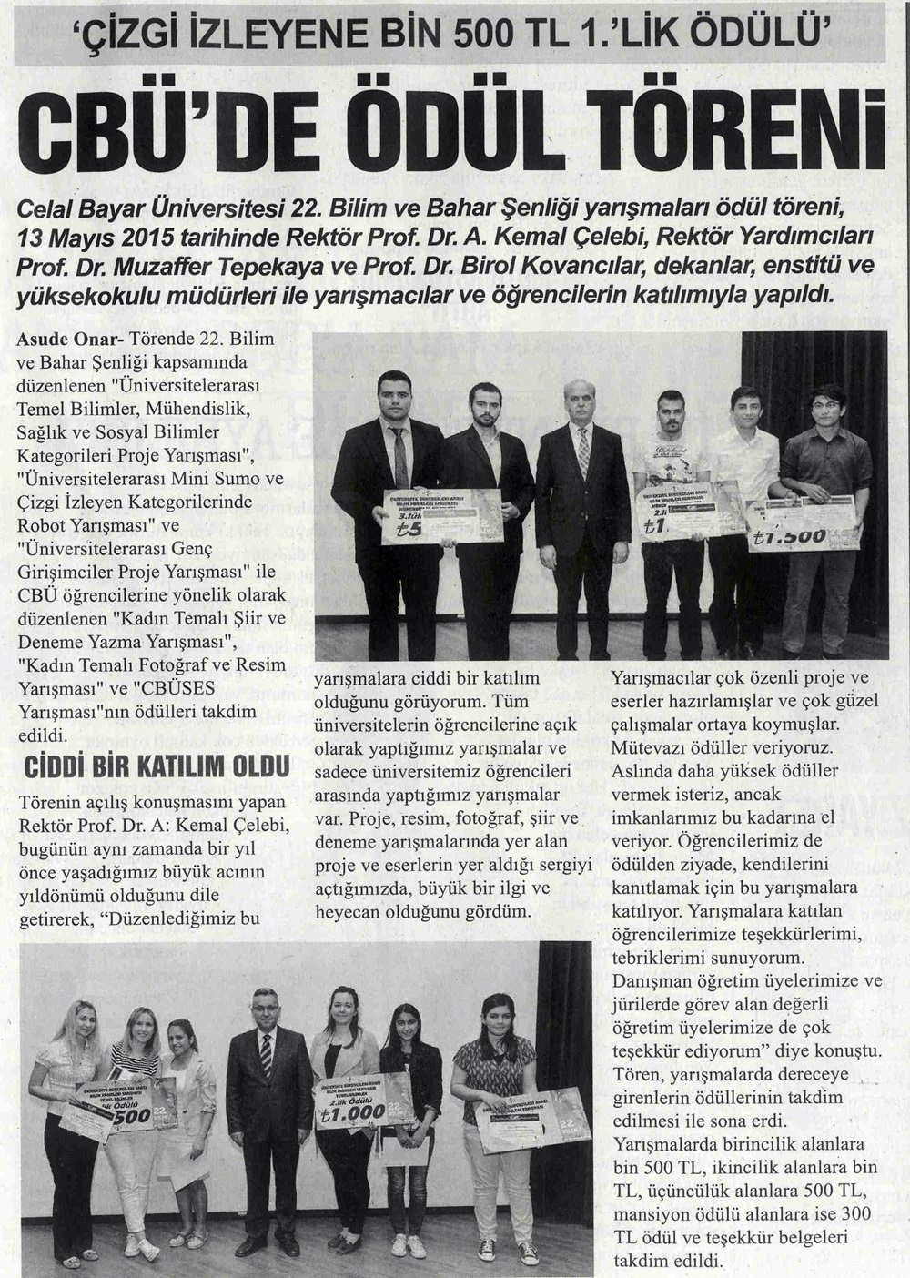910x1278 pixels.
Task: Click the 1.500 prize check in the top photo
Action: coord(801,523)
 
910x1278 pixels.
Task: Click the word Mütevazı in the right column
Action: coord(644,747)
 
